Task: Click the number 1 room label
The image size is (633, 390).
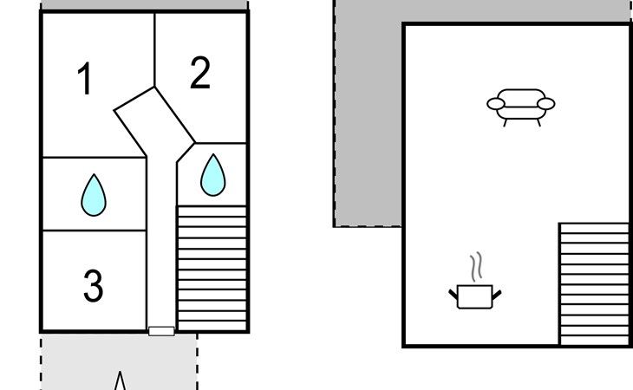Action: point(84,80)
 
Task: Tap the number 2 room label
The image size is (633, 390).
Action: point(199,74)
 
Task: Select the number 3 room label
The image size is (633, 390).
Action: point(93,286)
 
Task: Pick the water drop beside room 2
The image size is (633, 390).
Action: point(212,175)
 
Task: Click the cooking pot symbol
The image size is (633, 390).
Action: point(474,295)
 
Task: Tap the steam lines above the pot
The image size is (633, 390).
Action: point(475,266)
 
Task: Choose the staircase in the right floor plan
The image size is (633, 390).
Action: point(593,283)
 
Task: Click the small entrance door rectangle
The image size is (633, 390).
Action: point(161,331)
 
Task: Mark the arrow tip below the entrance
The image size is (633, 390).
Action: point(121,374)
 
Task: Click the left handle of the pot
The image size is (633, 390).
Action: point(453,295)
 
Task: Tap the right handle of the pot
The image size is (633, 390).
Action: point(497,295)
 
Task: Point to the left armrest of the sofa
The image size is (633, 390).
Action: point(496,104)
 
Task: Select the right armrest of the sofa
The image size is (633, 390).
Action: point(545,104)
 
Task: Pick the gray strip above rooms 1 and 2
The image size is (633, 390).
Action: point(145,5)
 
